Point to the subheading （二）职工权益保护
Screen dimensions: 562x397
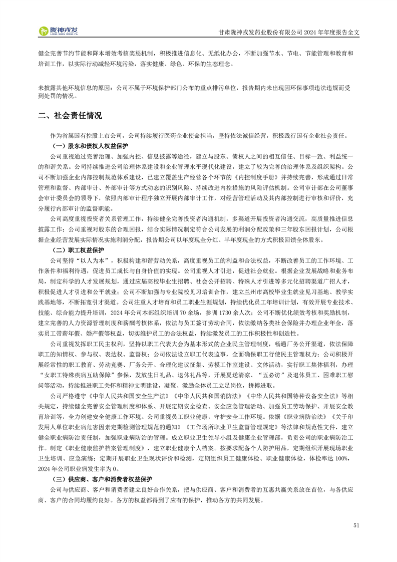coord(78,249)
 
